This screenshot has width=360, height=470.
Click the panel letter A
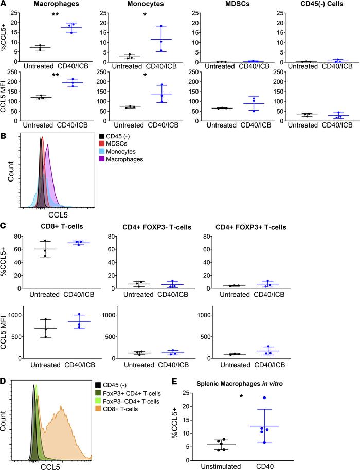pyautogui.click(x=4, y=4)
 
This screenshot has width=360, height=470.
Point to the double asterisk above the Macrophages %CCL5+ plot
pyautogui.click(x=56, y=14)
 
